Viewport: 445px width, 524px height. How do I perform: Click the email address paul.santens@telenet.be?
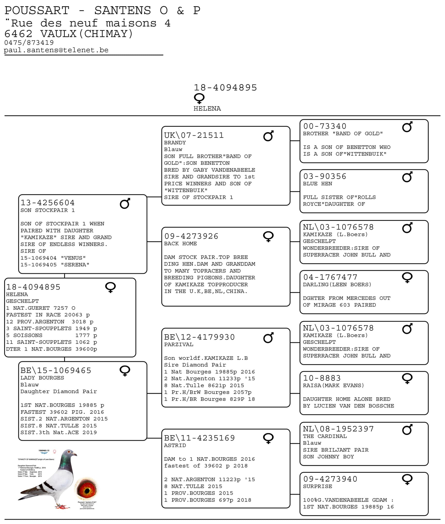pos(56,50)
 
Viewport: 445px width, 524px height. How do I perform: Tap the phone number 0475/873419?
pos(29,43)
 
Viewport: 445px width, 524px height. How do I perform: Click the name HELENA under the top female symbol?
pos(207,109)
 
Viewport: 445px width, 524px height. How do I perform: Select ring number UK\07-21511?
pos(194,135)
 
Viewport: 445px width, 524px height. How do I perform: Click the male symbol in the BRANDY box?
pos(268,136)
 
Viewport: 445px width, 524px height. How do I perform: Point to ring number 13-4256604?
pos(48,203)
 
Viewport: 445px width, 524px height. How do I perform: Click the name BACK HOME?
pos(180,244)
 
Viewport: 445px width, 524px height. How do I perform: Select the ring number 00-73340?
pos(325,126)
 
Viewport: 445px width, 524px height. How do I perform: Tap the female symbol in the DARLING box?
pos(407,277)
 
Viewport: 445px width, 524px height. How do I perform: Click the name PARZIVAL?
pos(179,344)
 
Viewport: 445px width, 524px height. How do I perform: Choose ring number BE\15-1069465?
pos(56,370)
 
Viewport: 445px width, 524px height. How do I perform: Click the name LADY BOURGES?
pos(42,378)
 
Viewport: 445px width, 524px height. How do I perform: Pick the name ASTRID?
pos(175,445)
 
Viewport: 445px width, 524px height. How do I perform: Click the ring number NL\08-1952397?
pos(338,429)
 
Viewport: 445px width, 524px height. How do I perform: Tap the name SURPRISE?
pos(317,486)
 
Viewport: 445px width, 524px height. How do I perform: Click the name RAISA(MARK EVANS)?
pos(333,385)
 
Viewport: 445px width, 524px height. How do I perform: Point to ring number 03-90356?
pos(325,176)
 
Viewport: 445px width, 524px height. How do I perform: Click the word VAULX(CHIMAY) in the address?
pos(86,34)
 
